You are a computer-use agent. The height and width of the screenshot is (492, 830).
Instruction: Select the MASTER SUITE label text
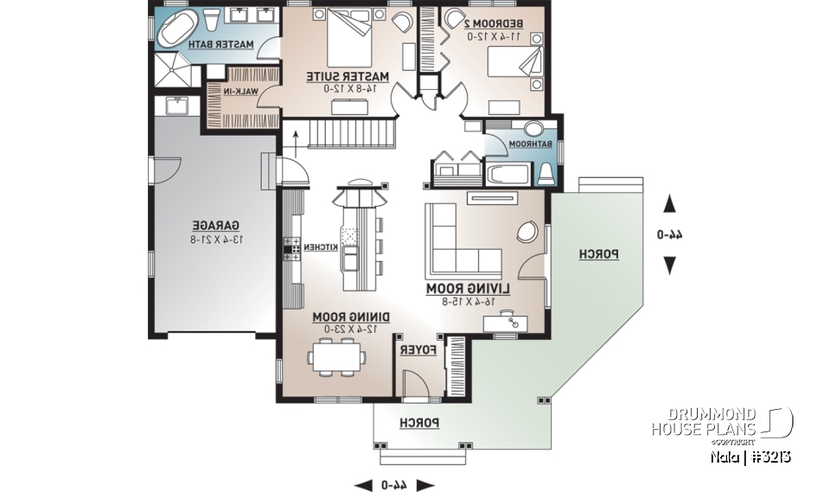tap(348, 77)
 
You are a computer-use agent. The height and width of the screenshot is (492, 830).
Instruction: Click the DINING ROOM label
tap(352, 317)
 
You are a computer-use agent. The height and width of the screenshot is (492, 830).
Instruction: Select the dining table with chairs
tap(337, 355)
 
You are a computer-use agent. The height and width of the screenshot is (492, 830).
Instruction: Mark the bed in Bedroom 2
tap(514, 62)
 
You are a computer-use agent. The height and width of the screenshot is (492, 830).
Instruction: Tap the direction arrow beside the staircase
tap(296, 135)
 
